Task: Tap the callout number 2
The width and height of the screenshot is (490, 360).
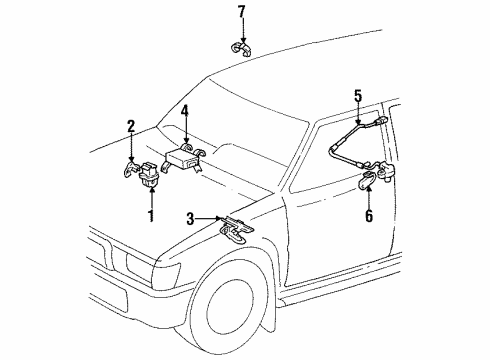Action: pos(131,125)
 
